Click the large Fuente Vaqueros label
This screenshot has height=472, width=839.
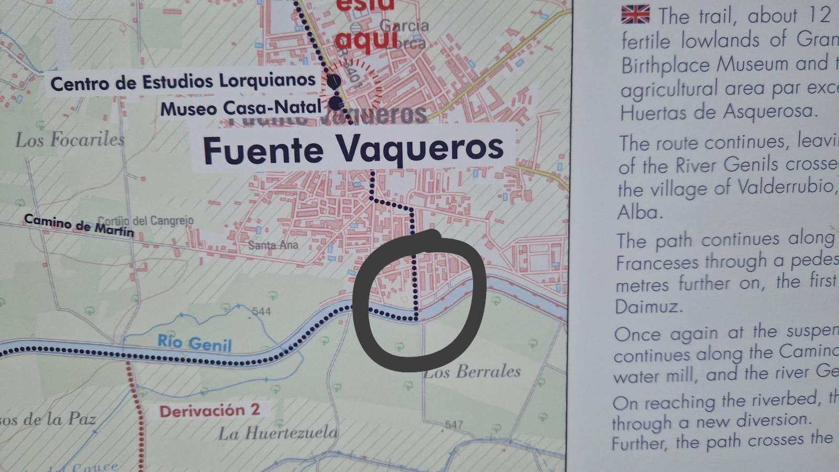tap(353, 149)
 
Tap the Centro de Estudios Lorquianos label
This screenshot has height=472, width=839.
tap(183, 82)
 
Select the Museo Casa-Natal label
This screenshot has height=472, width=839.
tap(241, 109)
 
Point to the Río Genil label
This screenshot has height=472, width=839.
tap(195, 343)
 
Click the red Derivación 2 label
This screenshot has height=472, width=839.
tap(210, 411)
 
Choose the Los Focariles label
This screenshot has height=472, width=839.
tap(70, 140)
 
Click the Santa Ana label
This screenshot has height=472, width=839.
tap(273, 245)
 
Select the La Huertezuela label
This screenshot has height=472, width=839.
tap(278, 433)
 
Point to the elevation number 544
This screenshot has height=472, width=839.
tap(261, 312)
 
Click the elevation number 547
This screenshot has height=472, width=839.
tap(454, 424)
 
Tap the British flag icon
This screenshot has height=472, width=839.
tap(635, 15)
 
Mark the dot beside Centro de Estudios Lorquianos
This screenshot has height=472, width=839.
tap(334, 81)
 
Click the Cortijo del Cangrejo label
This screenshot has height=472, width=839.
tap(146, 221)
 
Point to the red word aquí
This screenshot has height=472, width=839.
tap(367, 39)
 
